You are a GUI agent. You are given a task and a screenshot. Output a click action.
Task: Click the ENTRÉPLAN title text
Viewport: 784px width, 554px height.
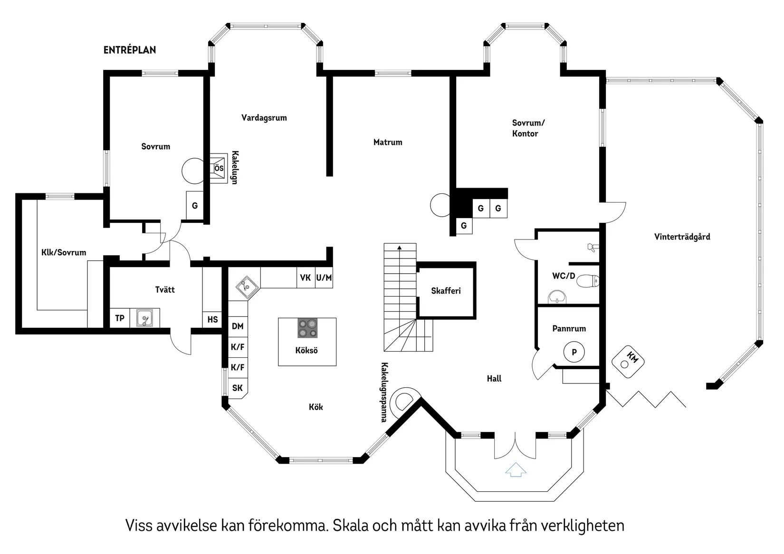point(129,50)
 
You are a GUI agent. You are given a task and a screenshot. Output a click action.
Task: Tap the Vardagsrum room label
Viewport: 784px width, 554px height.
point(264,118)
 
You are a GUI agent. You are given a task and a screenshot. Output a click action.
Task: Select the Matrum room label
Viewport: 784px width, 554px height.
point(387,142)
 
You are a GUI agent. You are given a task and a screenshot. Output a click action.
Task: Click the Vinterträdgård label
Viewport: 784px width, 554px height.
point(682,237)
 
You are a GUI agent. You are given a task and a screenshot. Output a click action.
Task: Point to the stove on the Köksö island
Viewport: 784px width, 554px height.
point(307,328)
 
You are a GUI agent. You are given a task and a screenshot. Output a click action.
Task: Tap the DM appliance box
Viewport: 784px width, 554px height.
point(238,326)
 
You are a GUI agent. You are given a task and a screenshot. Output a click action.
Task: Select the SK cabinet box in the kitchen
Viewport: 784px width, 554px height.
point(238,388)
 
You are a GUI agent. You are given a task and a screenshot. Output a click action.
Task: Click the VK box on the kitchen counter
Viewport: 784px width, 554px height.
point(305,277)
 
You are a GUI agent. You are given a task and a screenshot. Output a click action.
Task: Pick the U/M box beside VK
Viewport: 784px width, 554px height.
point(324,277)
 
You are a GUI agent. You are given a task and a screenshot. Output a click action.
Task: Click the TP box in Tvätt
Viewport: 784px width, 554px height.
point(120,318)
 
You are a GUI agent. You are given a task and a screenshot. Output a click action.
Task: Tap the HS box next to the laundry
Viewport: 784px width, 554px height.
point(212,319)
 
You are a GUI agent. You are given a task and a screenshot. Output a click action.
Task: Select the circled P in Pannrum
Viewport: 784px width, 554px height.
point(574,353)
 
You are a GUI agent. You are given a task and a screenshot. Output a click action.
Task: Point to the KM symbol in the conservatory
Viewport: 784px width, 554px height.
point(628,362)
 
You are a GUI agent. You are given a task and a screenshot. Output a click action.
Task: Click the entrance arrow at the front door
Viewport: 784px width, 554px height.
point(516,470)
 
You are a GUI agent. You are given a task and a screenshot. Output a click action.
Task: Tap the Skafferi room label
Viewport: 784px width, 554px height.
point(446,291)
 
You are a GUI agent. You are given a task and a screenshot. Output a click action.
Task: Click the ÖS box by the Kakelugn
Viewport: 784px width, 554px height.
point(218,168)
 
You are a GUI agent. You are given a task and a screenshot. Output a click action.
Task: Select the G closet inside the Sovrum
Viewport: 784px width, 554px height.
point(195,206)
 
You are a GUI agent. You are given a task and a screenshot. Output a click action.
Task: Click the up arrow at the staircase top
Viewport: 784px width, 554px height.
point(400,248)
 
